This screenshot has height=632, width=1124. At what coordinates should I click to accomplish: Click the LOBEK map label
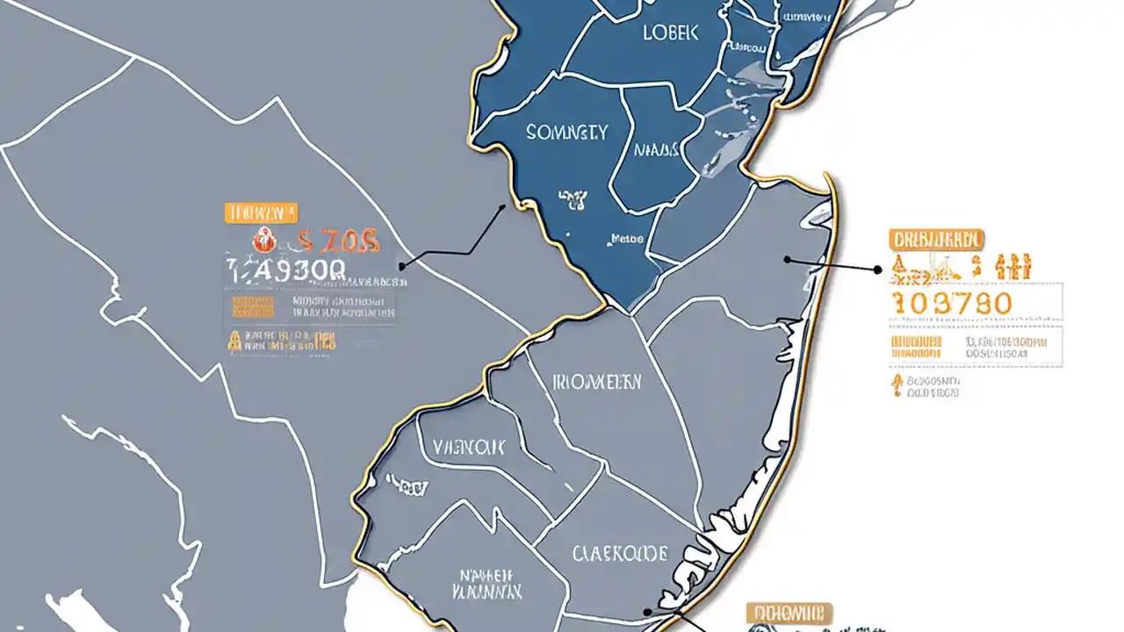670,32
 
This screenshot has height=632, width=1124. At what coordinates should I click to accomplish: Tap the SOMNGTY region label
566,133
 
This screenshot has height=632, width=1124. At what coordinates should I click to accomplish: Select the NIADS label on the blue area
656,150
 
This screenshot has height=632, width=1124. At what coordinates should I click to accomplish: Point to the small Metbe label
627,238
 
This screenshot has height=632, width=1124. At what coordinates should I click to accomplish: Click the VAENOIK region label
469,447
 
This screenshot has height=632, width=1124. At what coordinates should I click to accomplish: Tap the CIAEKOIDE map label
620,553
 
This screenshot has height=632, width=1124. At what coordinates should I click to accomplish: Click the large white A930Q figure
289,270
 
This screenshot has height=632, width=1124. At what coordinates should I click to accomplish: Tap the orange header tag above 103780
936,239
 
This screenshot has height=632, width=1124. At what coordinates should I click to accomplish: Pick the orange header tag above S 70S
261,212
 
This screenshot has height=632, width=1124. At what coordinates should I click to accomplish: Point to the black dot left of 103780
877,270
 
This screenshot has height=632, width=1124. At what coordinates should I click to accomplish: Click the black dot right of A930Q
401,265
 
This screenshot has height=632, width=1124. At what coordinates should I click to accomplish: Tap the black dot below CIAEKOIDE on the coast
647,613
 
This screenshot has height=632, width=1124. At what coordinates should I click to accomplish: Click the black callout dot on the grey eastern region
788,260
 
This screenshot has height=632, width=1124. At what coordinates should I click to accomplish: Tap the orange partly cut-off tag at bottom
789,613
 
